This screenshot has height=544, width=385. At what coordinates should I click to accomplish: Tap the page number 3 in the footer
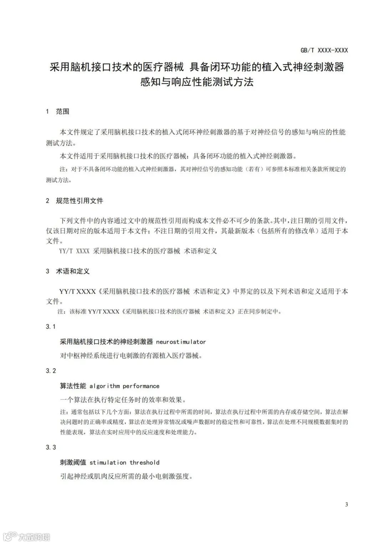click(346, 504)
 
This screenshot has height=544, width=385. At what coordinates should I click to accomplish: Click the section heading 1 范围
click(57, 112)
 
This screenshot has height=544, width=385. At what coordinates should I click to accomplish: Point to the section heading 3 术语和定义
click(67, 271)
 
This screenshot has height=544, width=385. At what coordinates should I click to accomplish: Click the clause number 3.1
click(51, 326)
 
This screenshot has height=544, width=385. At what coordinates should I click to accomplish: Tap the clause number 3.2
click(51, 371)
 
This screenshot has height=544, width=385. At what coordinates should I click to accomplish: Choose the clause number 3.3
click(51, 447)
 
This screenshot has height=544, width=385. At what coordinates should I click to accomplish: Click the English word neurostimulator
click(181, 342)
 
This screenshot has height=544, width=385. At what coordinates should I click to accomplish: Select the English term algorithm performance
click(124, 386)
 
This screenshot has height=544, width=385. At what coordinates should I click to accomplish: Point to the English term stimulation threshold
click(124, 462)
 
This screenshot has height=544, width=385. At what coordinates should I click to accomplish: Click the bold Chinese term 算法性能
click(73, 386)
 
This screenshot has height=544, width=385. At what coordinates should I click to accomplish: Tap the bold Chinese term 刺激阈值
click(73, 462)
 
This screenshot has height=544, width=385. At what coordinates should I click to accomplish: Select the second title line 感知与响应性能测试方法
click(197, 82)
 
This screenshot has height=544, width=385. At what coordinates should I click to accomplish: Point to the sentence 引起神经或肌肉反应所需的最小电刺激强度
click(126, 476)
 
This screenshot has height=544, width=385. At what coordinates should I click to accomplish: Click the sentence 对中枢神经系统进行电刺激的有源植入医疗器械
click(131, 355)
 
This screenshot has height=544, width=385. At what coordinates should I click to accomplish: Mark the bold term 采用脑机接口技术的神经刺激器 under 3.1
click(106, 342)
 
